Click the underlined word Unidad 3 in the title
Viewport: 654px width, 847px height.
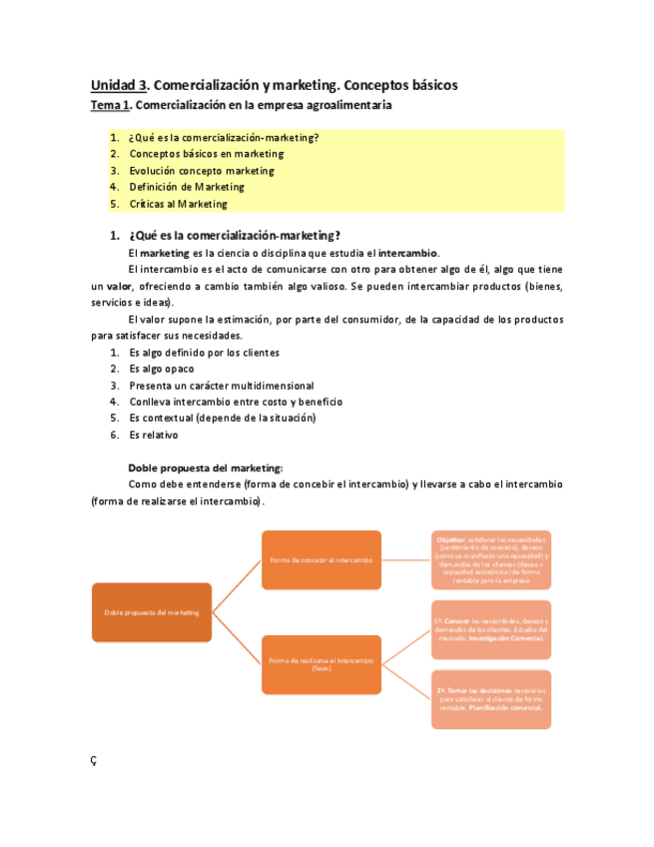pyautogui.click(x=119, y=85)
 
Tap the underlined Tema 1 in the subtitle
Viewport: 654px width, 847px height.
pyautogui.click(x=110, y=105)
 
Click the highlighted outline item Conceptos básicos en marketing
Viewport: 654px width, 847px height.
pyautogui.click(x=206, y=154)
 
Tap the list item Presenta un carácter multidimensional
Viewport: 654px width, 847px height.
pyautogui.click(x=221, y=385)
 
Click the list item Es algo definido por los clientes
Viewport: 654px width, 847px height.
pyautogui.click(x=204, y=352)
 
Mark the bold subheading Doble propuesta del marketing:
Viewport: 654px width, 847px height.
pyautogui.click(x=206, y=467)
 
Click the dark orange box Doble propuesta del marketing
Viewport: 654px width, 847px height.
pyautogui.click(x=152, y=612)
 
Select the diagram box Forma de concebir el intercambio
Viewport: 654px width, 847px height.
pyautogui.click(x=321, y=560)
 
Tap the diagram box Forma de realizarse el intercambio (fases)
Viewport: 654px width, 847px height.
pyautogui.click(x=321, y=664)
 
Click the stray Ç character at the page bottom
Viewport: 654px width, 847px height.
pyautogui.click(x=94, y=760)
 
